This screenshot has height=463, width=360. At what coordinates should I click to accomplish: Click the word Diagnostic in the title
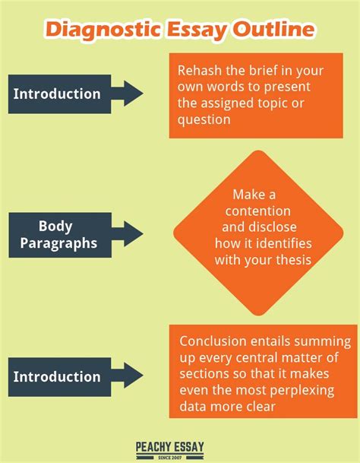(x=104, y=30)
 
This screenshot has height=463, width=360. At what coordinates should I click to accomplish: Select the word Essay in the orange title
(x=197, y=30)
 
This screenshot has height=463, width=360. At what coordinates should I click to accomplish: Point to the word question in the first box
(x=204, y=120)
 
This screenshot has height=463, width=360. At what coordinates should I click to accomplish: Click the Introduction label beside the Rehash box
(x=57, y=94)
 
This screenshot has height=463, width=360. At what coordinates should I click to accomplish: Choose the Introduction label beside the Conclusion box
(x=57, y=377)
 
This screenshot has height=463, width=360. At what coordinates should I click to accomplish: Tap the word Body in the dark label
(x=55, y=227)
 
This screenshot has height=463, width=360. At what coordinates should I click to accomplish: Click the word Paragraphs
(x=58, y=243)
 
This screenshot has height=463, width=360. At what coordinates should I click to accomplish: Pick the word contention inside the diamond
(x=258, y=211)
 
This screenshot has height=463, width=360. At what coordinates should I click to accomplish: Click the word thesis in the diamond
(x=294, y=260)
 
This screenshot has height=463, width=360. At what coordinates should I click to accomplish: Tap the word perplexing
(x=302, y=391)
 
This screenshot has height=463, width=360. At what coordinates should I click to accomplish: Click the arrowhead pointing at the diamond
(x=134, y=234)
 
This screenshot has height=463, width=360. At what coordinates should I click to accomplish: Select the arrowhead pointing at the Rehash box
(x=134, y=94)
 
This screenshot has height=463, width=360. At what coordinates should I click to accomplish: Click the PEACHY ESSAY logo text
(x=169, y=446)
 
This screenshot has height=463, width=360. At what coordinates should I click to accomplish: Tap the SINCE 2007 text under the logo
(x=169, y=458)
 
